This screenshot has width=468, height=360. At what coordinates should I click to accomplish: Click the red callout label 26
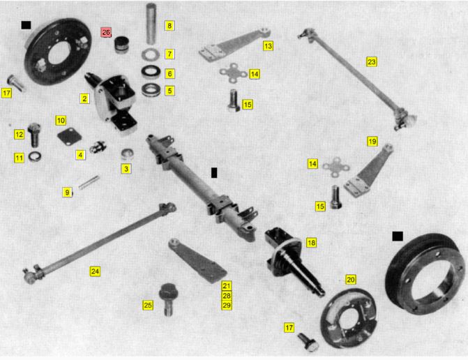[106, 32]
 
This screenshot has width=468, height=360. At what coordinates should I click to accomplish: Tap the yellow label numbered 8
[169, 26]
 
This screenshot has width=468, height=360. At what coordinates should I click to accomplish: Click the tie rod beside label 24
[100, 243]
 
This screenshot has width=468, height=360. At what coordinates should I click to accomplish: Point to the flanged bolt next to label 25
[168, 299]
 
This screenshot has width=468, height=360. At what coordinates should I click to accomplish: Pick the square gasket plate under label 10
[69, 137]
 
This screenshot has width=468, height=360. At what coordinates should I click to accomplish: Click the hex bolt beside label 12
[34, 135]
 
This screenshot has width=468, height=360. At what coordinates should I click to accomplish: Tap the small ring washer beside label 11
[35, 157]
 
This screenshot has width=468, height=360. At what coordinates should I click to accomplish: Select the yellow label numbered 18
[311, 243]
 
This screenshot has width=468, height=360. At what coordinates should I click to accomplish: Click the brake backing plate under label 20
[348, 317]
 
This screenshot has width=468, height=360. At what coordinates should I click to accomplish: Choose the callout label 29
[227, 306]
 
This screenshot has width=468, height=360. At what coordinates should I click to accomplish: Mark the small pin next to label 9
[89, 182]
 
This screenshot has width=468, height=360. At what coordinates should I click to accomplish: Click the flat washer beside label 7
[151, 54]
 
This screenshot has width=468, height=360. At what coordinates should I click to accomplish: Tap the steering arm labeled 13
[234, 45]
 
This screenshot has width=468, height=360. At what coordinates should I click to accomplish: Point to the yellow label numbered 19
[372, 141]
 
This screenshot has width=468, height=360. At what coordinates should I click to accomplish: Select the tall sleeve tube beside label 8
[151, 23]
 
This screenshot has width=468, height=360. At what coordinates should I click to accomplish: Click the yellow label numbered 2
[84, 98]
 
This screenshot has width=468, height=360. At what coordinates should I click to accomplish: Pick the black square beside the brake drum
[398, 236]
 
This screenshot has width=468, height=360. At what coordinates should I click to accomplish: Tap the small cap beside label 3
[127, 153]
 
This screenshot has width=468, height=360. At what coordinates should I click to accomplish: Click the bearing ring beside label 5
[151, 89]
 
